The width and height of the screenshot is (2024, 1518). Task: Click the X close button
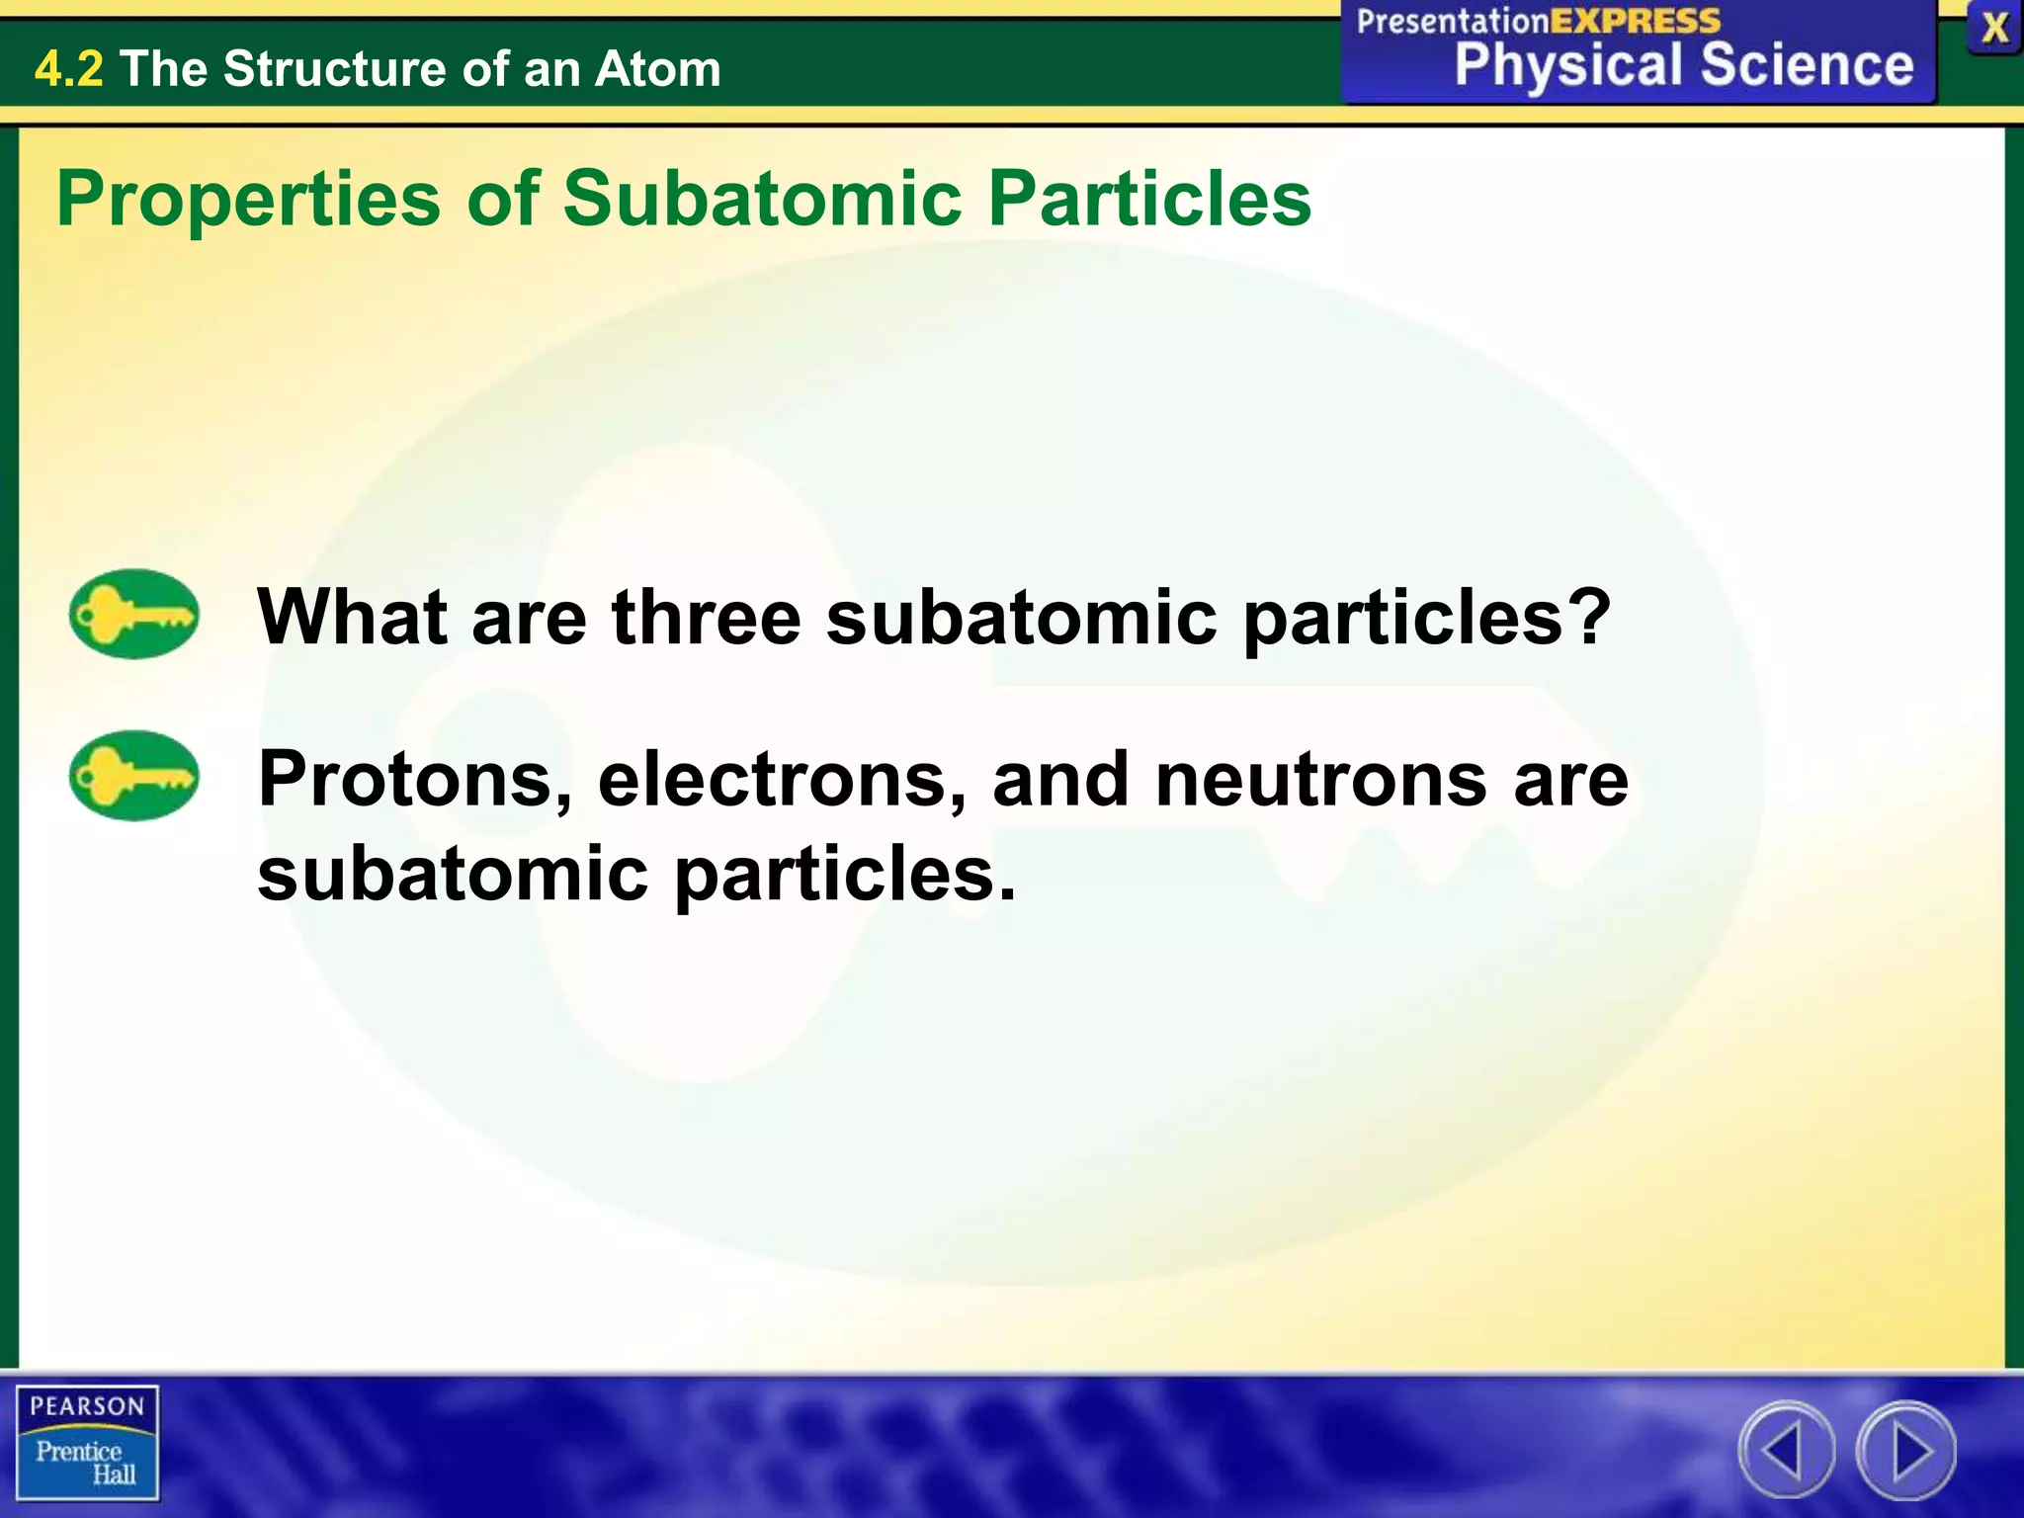(x=1994, y=28)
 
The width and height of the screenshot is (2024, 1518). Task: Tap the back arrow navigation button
(x=1786, y=1451)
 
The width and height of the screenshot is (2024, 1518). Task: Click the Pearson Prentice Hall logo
(x=87, y=1442)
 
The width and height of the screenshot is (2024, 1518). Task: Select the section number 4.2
(x=68, y=69)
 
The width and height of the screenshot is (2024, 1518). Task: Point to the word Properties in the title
(x=248, y=200)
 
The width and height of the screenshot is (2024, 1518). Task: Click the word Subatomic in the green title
(x=762, y=198)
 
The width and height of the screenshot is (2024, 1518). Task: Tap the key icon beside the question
(x=133, y=614)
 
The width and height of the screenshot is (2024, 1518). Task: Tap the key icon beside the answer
(x=133, y=776)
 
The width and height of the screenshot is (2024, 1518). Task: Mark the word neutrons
(x=1320, y=780)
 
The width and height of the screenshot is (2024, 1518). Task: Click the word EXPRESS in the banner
(x=1635, y=21)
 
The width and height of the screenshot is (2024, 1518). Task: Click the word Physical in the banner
(x=1567, y=67)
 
